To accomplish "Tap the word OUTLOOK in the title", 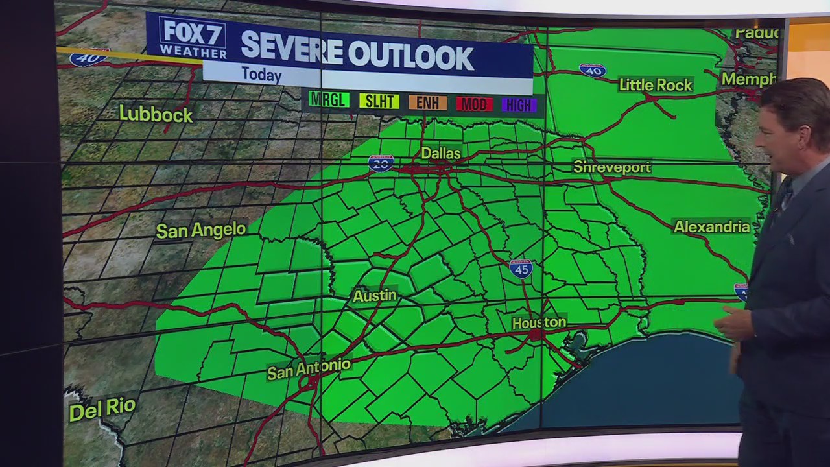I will click(x=410, y=57).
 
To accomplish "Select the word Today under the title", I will click(x=261, y=75).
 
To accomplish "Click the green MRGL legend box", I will click(x=329, y=100).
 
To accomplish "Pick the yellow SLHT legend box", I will click(x=379, y=101).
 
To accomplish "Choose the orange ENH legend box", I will click(x=427, y=102).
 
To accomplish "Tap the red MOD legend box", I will click(x=474, y=104).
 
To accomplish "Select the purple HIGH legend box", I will click(x=519, y=105).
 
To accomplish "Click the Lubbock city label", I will click(x=156, y=115).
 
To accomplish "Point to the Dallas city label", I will click(x=441, y=154).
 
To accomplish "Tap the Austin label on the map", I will click(x=374, y=296).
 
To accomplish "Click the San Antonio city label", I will click(x=309, y=369).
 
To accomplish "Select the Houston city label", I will click(x=539, y=322).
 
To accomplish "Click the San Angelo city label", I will click(x=200, y=230).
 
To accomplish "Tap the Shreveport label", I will click(x=611, y=167).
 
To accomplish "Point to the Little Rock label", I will click(x=656, y=85).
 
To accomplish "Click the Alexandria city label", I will click(x=711, y=227).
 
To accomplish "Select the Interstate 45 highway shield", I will click(x=521, y=269).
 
